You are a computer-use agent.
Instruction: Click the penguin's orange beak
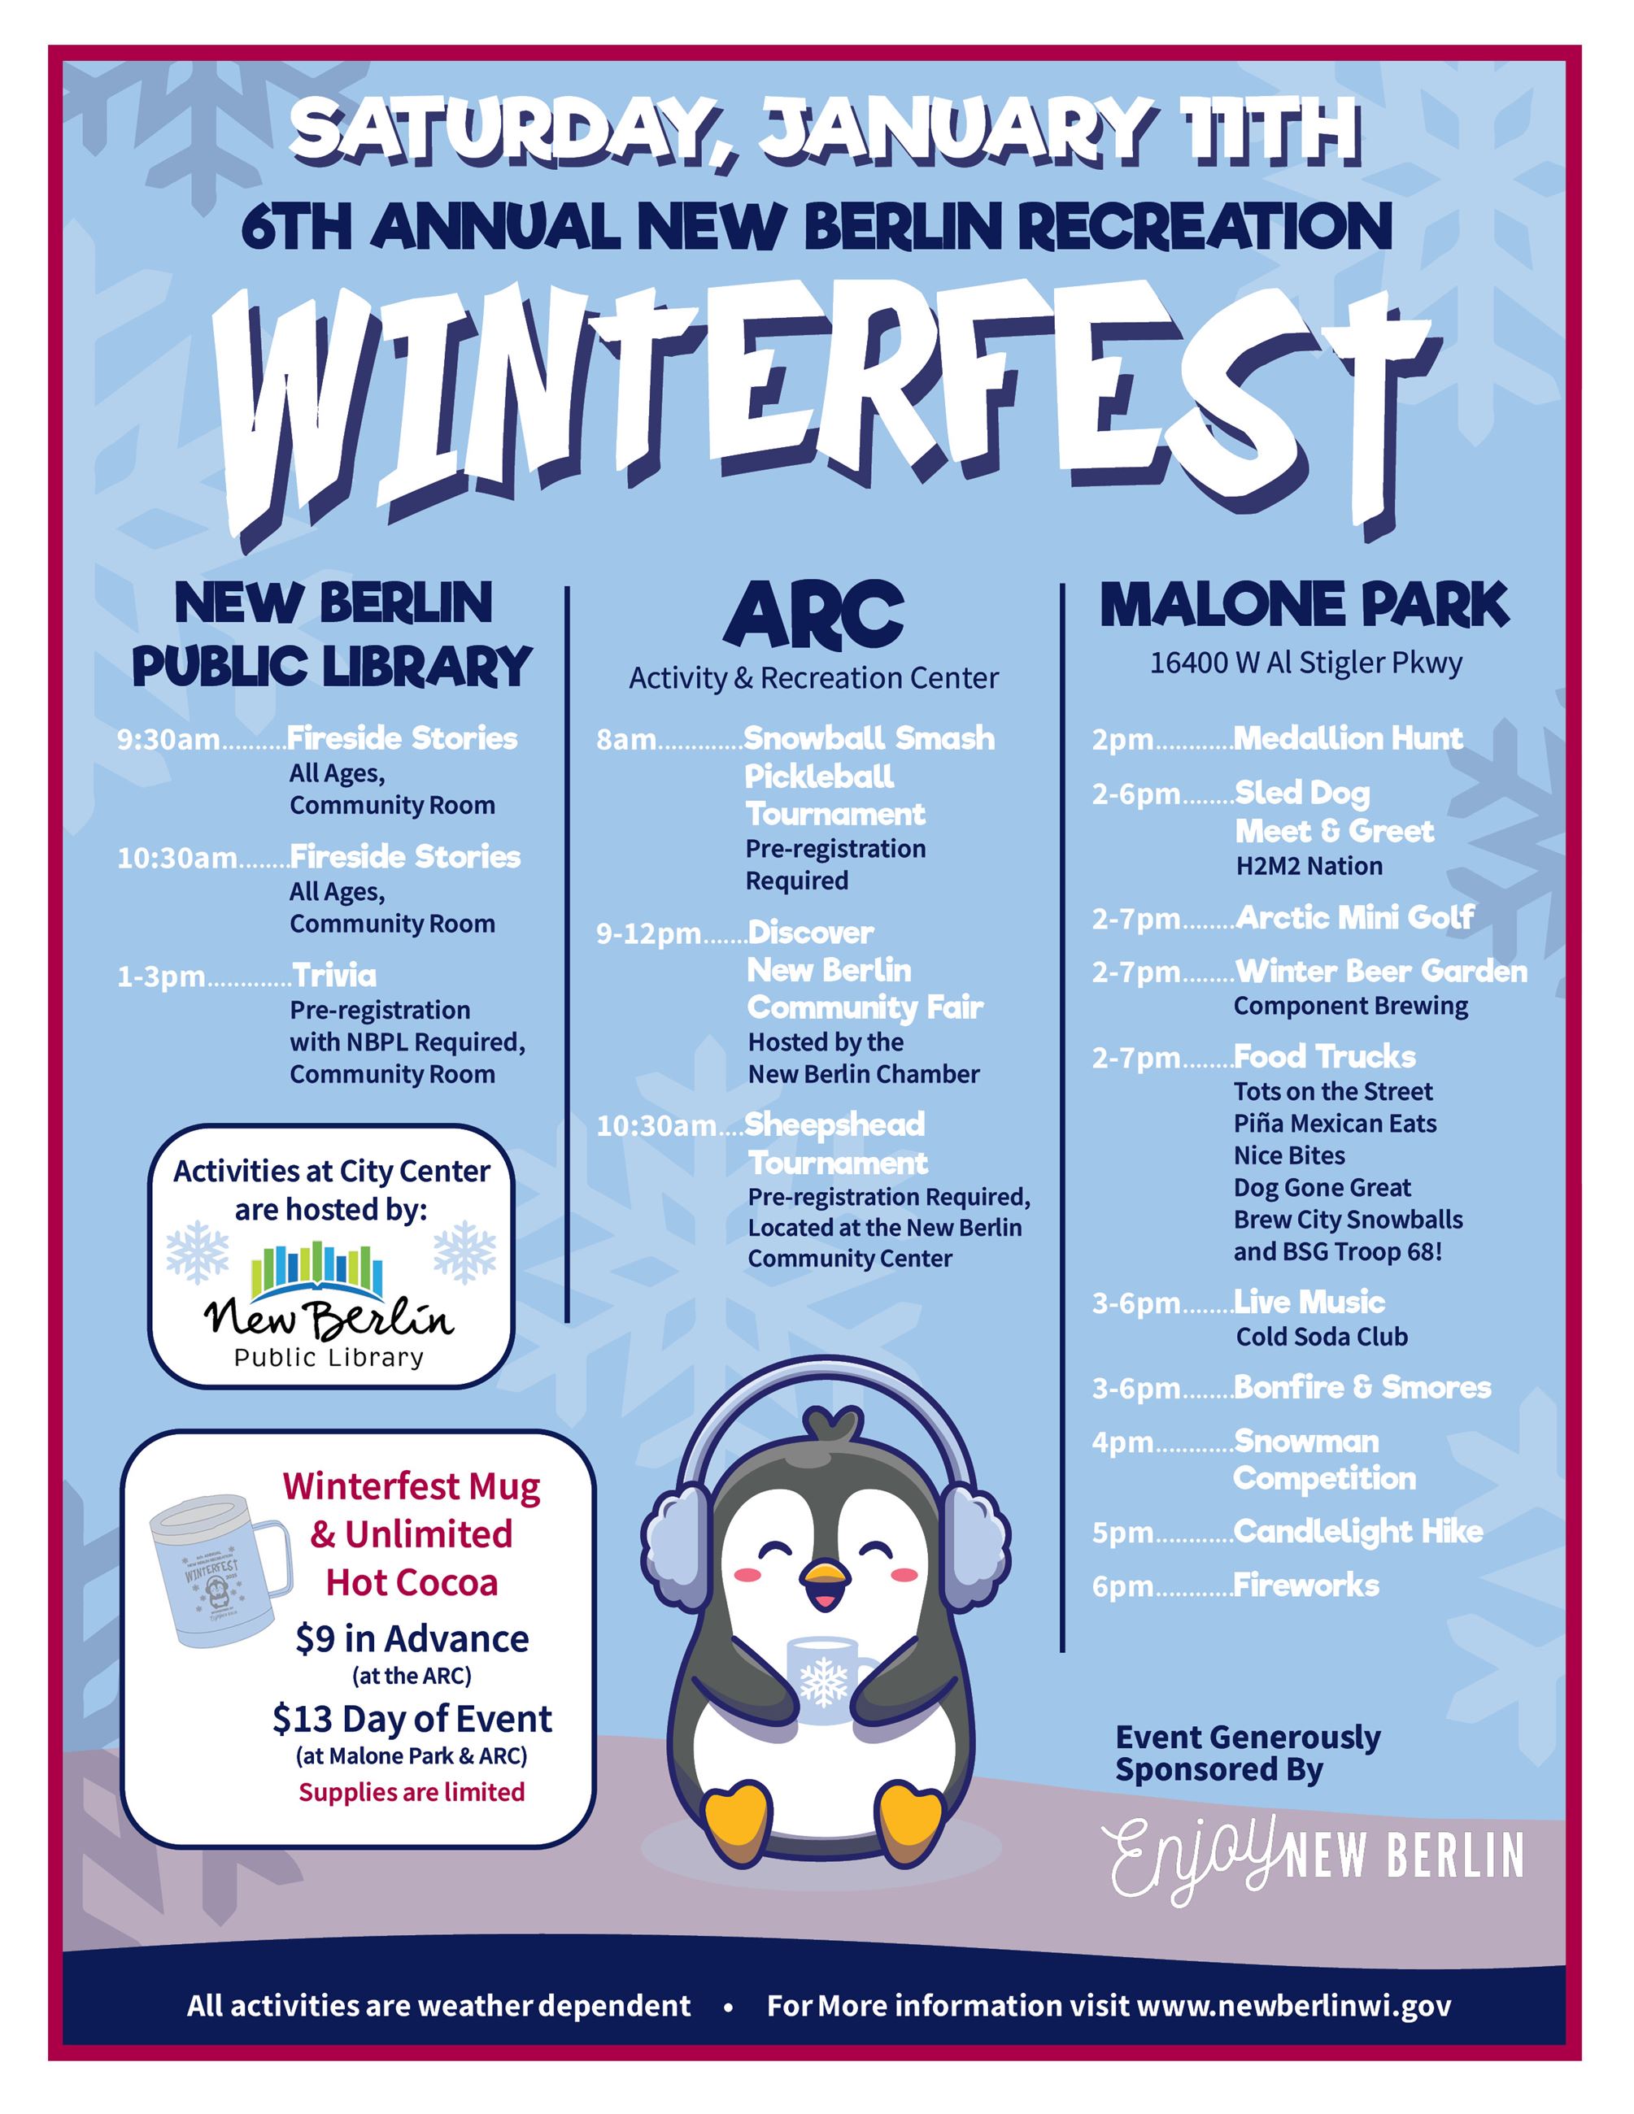click(x=825, y=1581)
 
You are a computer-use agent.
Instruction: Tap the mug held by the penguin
click(x=826, y=1679)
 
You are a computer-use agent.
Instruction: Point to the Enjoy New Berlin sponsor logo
click(x=1318, y=1858)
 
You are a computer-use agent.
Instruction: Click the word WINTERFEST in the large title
click(x=823, y=407)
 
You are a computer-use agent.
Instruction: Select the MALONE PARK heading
click(x=1304, y=605)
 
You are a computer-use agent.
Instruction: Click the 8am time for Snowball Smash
click(x=626, y=741)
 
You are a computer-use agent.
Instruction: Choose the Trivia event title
click(x=335, y=975)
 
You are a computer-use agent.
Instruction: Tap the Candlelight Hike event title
click(x=1358, y=1531)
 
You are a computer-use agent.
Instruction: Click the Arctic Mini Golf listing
click(x=1354, y=916)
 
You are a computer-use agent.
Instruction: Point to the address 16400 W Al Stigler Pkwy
click(x=1305, y=663)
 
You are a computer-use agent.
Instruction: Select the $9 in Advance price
click(x=412, y=1638)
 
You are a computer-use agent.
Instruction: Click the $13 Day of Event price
click(x=412, y=1719)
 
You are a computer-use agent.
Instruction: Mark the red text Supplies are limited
click(x=412, y=1793)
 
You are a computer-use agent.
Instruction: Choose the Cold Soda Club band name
click(x=1322, y=1337)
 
